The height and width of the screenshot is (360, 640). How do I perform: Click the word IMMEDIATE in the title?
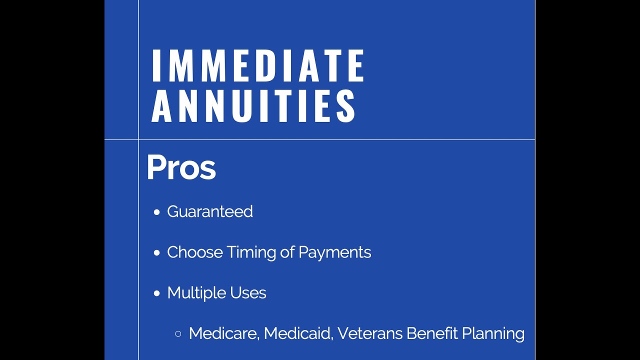coord(258,65)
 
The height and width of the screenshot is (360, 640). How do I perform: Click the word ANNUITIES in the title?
coord(254,106)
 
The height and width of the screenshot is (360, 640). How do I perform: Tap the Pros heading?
coord(181,168)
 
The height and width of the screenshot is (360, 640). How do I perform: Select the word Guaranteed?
coord(210,212)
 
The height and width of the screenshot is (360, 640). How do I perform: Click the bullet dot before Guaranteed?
coord(157,212)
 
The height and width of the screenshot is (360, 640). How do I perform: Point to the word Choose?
coord(195,252)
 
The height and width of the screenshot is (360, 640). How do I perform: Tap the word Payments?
coord(334,252)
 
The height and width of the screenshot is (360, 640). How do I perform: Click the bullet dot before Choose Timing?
coord(157,253)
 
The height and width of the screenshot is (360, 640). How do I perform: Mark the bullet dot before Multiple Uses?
coord(157,293)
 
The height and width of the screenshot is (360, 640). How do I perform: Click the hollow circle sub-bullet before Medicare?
coord(178,333)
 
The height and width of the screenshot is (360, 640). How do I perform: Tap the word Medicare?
coord(223,333)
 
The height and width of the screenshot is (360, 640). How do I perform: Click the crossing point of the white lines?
coord(138,139)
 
